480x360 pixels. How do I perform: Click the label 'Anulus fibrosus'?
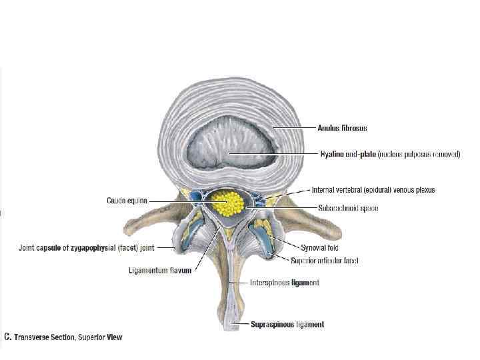pos(342,128)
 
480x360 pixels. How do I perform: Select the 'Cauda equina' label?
pos(127,199)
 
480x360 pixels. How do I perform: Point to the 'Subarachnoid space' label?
pos(347,209)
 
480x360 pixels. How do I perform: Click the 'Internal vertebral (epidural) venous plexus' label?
pos(373,190)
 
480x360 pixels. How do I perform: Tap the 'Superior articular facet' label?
pos(325,261)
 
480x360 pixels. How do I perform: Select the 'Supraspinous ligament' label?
pos(287,325)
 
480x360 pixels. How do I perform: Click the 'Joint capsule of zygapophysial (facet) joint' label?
pos(86,248)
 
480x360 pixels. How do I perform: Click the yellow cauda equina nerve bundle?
pos(231,201)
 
